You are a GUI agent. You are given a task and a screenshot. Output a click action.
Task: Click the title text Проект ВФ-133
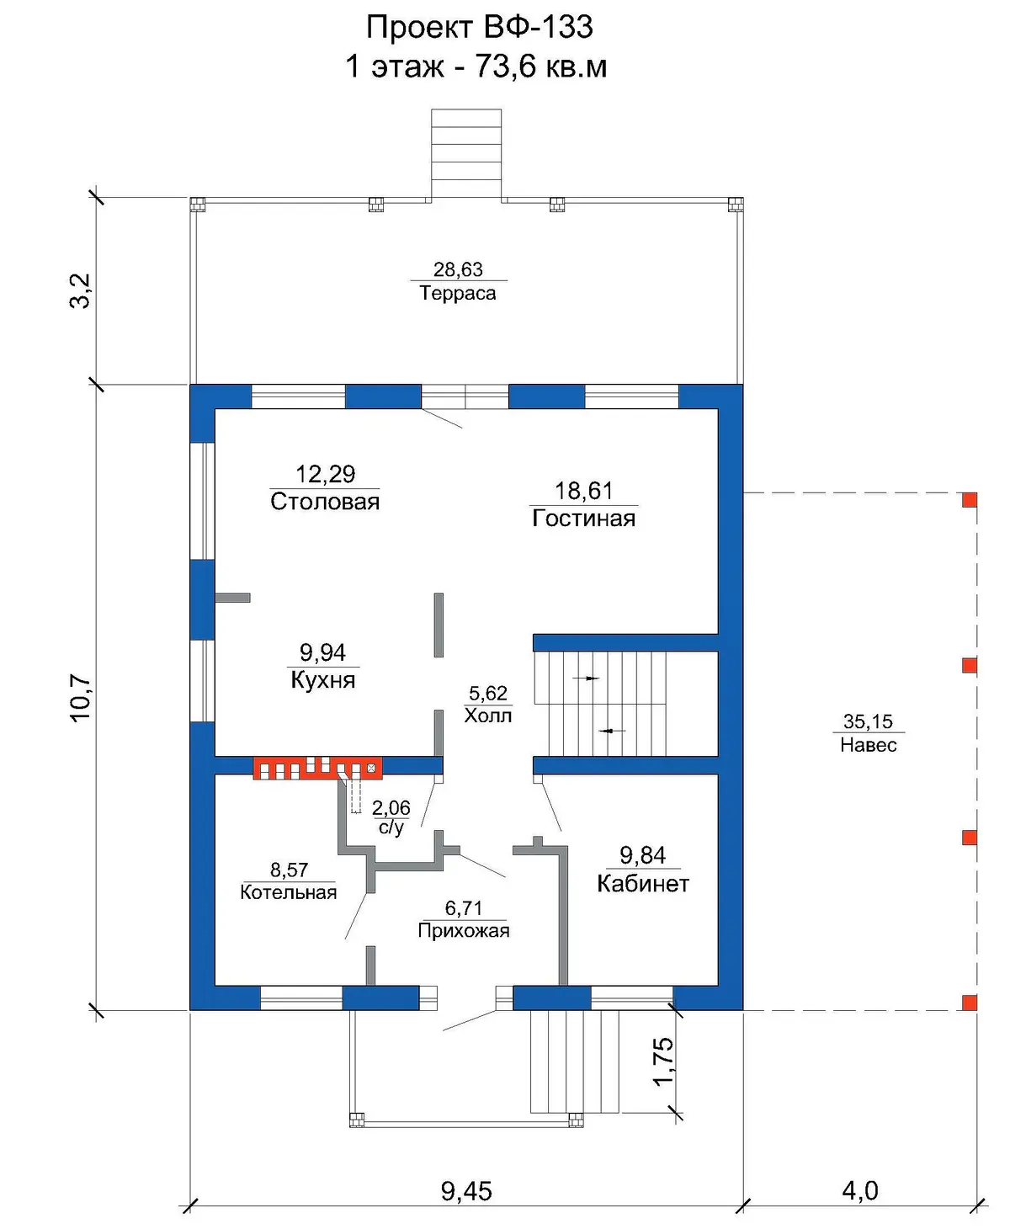point(479,28)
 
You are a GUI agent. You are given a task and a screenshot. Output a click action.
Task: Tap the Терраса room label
point(458,293)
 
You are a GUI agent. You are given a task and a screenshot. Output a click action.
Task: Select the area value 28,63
point(458,269)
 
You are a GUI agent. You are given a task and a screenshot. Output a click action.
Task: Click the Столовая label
point(325,502)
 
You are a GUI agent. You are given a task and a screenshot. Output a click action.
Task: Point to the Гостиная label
point(583,519)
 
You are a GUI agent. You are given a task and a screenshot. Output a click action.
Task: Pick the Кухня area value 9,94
point(322,652)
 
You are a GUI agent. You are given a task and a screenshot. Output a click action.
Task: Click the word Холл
point(488,716)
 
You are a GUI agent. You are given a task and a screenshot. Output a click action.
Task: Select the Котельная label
point(289,892)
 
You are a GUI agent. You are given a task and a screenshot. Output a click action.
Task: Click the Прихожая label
point(463,931)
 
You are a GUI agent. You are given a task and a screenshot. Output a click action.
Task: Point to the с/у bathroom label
point(391,827)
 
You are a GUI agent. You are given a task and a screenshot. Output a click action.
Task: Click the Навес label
point(868,745)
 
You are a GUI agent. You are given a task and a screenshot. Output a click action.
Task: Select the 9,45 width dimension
point(466,1191)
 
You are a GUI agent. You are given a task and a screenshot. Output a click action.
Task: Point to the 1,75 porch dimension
point(664,1061)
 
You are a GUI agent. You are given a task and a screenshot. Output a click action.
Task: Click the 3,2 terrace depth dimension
point(81,290)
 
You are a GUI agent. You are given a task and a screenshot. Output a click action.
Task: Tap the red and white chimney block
point(317,768)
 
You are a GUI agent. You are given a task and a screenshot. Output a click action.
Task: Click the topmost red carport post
point(970,499)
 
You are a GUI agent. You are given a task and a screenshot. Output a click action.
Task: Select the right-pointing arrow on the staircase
point(586,678)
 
